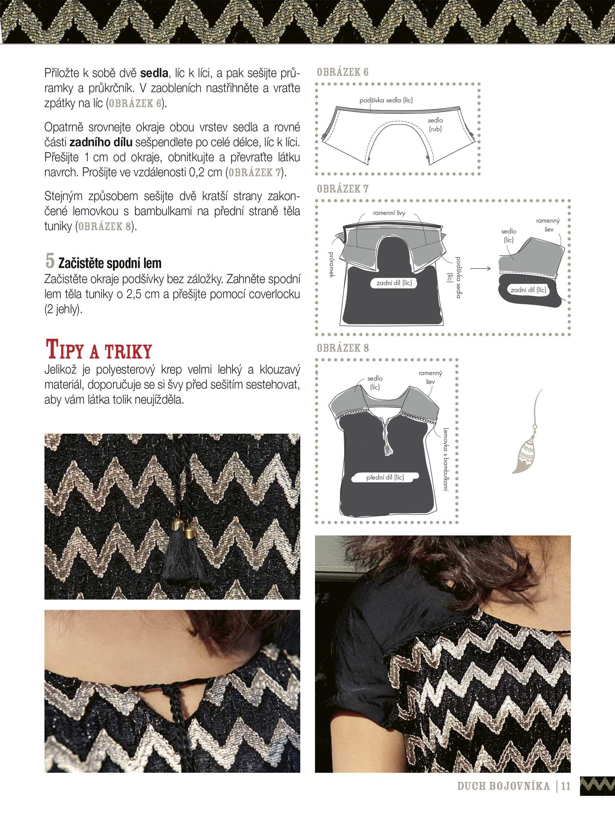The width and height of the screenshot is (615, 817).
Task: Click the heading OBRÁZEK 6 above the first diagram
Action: (343, 72)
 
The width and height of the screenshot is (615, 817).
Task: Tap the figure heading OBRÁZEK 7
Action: (343, 189)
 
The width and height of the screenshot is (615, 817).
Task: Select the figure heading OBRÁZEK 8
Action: (343, 348)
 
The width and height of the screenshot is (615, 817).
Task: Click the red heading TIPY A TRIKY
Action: (98, 350)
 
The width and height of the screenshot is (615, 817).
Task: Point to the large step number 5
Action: (50, 260)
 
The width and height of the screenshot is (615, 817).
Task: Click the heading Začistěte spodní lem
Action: (110, 263)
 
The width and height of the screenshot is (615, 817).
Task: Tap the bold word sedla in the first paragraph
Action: (154, 73)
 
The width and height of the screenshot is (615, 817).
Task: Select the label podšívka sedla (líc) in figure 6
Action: (386, 100)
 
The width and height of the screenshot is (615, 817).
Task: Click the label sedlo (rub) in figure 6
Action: (435, 125)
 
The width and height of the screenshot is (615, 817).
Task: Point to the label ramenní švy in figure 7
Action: (389, 213)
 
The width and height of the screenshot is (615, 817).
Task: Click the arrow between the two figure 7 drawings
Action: (480, 269)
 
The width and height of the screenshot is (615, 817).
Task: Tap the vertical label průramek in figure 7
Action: (331, 265)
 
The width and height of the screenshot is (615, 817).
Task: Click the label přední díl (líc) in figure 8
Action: (385, 477)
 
